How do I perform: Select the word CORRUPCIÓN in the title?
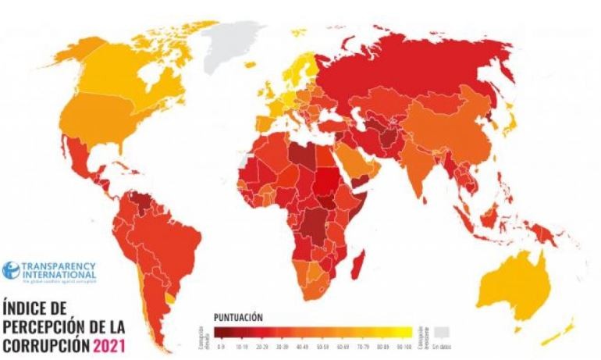(47, 344)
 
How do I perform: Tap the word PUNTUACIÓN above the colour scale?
(238, 318)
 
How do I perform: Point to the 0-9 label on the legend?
(221, 344)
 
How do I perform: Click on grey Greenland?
(233, 43)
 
